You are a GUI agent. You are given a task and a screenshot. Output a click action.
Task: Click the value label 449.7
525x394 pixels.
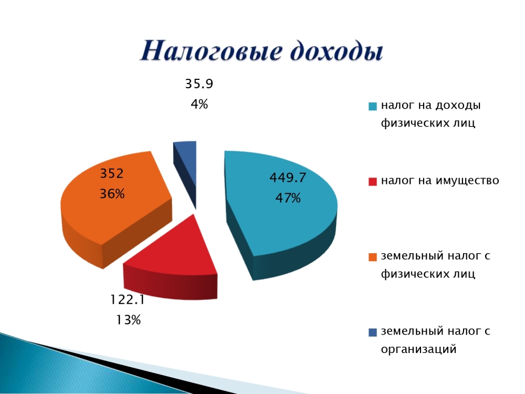288,178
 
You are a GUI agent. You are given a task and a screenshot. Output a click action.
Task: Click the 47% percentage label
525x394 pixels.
288,198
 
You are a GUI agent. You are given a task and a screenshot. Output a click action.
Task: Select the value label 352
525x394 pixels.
112,173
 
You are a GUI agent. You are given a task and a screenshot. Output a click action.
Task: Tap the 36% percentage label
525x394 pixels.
112,194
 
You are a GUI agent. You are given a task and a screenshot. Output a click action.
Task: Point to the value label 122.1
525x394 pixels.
128,299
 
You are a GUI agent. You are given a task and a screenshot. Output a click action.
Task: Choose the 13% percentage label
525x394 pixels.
128,320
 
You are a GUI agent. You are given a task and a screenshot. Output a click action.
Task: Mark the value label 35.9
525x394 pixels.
199,84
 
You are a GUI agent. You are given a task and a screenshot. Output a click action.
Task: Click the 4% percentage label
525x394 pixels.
199,104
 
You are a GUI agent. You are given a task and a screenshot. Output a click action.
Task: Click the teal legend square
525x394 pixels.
373,106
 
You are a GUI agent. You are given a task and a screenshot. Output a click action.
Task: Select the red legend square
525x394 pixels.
373,182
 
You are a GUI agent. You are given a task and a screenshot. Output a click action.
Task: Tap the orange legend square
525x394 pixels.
373,257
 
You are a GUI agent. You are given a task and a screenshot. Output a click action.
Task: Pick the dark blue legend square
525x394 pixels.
373,333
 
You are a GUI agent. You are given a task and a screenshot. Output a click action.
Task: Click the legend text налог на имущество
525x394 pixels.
440,181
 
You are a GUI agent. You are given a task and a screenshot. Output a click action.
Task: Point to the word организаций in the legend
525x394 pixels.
418,349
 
